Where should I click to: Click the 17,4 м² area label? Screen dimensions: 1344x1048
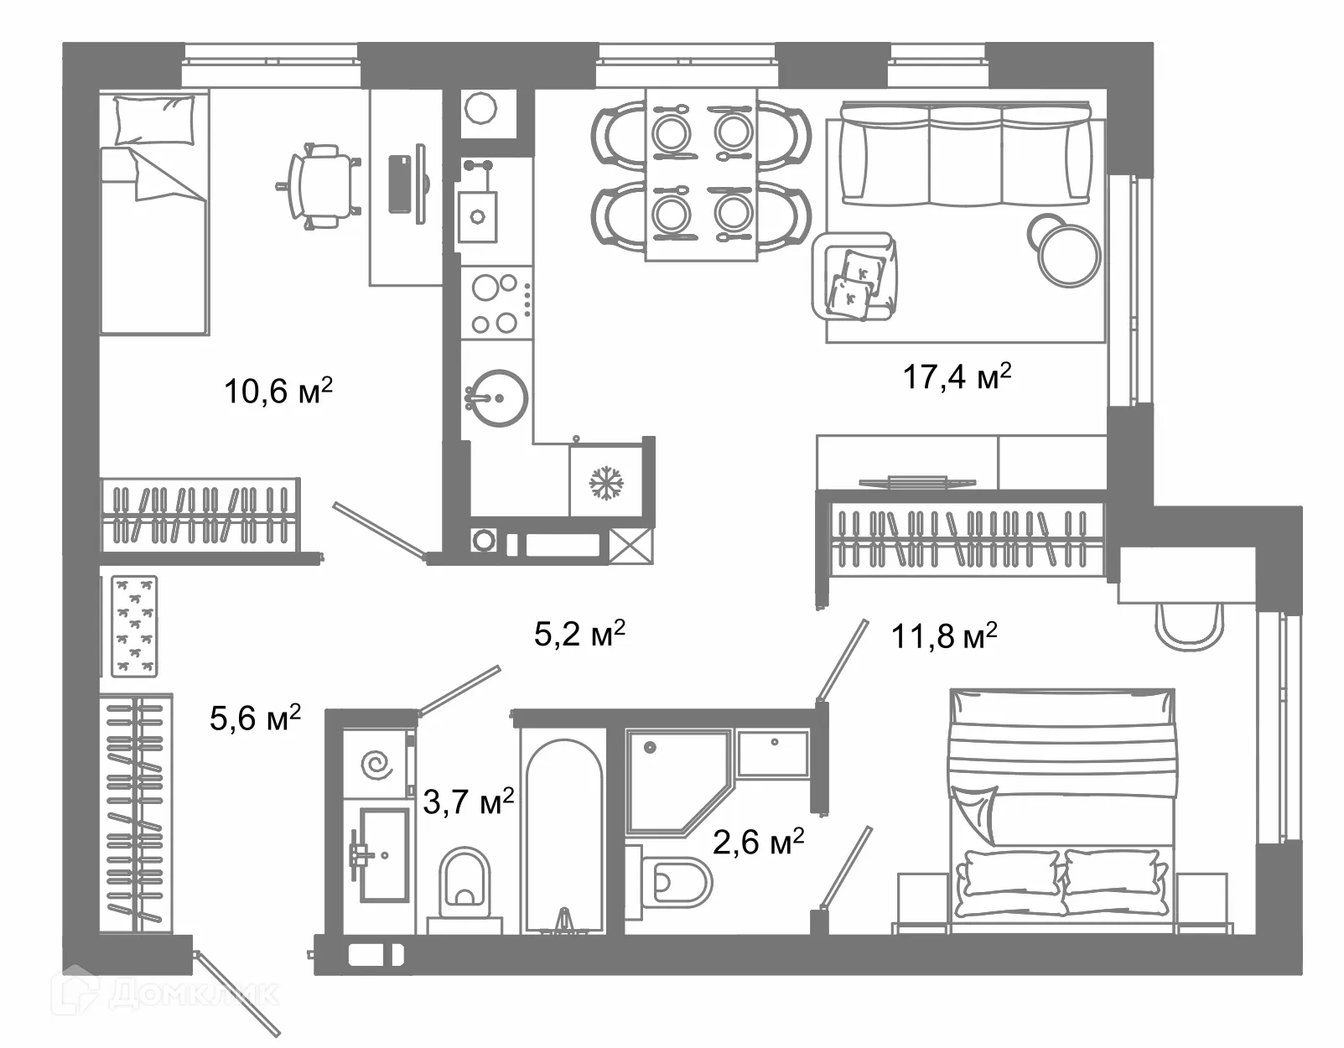(957, 376)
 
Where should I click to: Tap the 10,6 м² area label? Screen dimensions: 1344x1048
(278, 391)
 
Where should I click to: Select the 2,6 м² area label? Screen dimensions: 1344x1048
(758, 842)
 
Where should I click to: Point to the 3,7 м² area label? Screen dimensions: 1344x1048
(468, 802)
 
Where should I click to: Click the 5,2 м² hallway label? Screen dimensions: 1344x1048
(579, 634)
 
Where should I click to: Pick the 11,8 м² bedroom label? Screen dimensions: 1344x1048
(944, 636)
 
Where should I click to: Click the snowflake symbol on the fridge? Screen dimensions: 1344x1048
(606, 483)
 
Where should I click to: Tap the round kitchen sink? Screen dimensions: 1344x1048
(496, 398)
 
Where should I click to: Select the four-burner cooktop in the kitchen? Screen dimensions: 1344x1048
(496, 303)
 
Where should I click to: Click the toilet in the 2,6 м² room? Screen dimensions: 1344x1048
(673, 882)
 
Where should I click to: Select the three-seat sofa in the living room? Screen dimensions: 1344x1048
(965, 153)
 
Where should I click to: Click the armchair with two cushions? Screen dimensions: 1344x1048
(854, 276)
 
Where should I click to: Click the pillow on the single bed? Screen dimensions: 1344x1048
(154, 120)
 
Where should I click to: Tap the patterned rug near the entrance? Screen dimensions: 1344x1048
(134, 626)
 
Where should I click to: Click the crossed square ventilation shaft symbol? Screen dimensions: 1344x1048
(630, 545)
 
